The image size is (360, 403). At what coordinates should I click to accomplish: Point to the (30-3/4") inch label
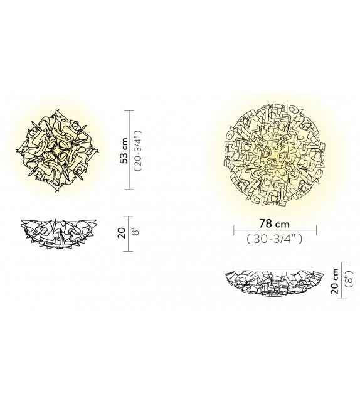274,238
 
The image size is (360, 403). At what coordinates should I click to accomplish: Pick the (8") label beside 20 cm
351,280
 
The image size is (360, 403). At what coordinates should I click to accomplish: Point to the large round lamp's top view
275,148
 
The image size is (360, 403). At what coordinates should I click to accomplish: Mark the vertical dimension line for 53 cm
130,149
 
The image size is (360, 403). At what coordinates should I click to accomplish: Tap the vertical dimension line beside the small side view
130,233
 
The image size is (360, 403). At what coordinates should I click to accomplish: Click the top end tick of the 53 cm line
130,111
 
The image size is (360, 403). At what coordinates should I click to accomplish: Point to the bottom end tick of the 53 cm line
130,188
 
